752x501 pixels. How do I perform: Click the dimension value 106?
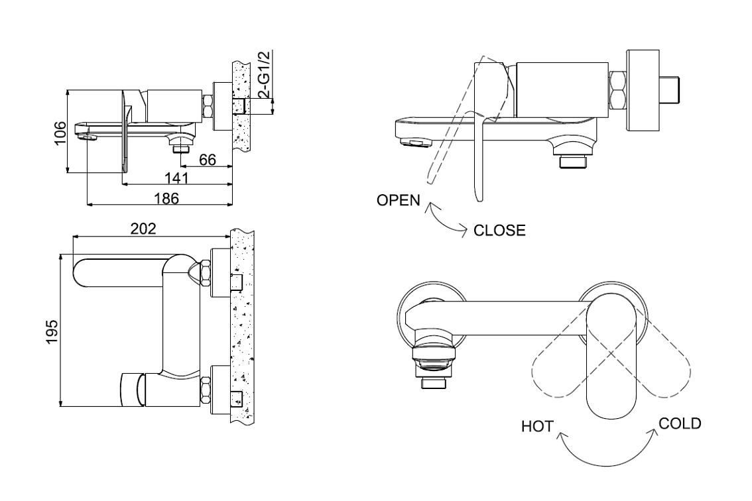point(60,133)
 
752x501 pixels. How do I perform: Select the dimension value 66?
point(208,159)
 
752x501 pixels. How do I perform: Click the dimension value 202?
point(143,229)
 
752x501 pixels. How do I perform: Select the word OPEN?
point(398,200)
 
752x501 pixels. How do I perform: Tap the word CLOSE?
point(499,231)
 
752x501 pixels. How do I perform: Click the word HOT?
point(536,427)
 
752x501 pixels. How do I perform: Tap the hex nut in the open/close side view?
point(619,90)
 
